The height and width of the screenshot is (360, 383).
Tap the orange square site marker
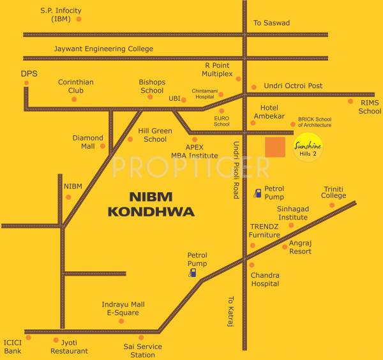pyautogui.click(x=275, y=147)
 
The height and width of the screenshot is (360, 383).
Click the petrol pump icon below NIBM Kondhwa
pyautogui.click(x=192, y=273)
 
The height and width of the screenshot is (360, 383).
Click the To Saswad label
pyautogui.click(x=271, y=23)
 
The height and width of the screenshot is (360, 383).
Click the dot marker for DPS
pyautogui.click(x=26, y=82)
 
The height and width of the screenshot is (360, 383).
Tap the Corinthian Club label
pyautogui.click(x=76, y=86)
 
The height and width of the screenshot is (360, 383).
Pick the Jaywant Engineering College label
pyautogui.click(x=103, y=49)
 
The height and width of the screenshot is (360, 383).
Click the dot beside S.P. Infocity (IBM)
pyautogui.click(x=79, y=19)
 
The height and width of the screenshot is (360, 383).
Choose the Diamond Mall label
pyautogui.click(x=87, y=142)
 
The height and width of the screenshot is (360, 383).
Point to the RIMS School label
pyautogui.click(x=370, y=107)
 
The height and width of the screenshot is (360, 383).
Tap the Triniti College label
pyautogui.click(x=333, y=192)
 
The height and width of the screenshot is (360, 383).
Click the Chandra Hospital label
pyautogui.click(x=265, y=279)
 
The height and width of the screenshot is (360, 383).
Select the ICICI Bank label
pyautogui.click(x=13, y=347)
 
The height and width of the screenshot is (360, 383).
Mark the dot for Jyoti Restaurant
pyautogui.click(x=56, y=340)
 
